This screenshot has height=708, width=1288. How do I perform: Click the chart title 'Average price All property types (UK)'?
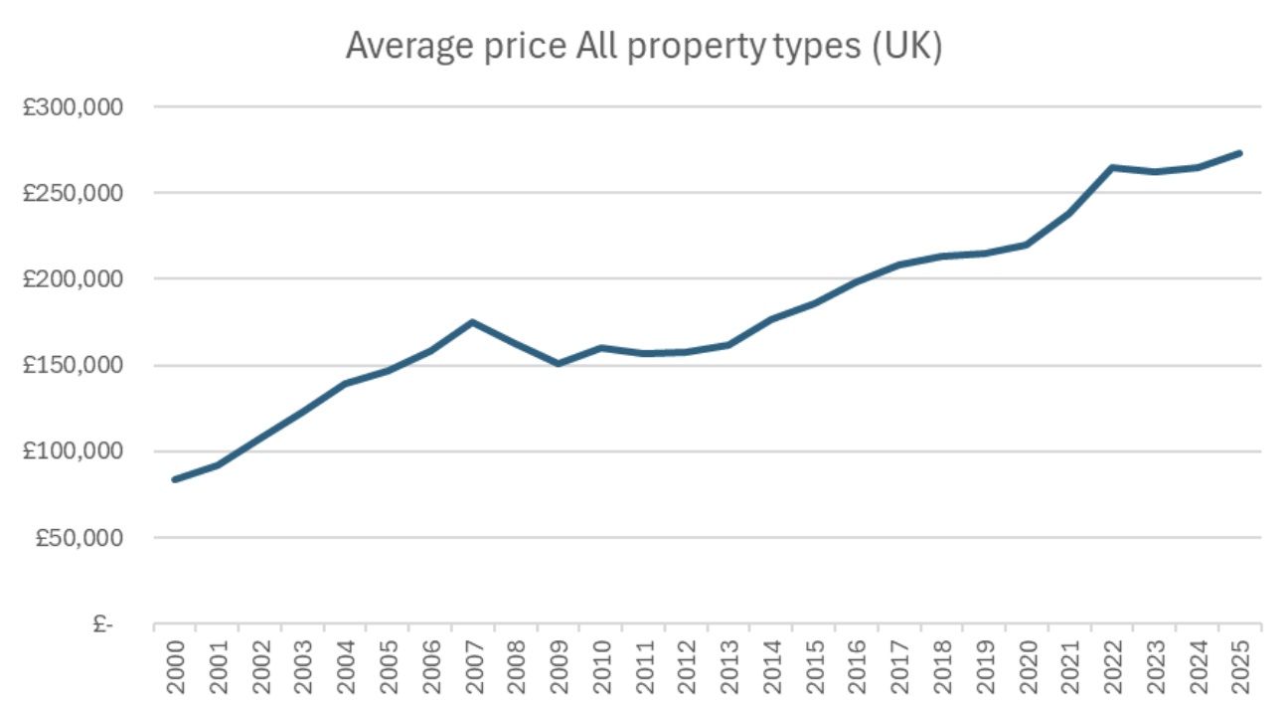coord(643,47)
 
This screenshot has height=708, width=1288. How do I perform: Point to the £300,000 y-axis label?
coord(69,106)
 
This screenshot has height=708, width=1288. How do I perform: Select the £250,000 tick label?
coord(69,193)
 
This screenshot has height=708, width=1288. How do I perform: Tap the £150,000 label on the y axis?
coord(69,365)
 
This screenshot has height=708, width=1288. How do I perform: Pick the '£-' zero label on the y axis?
coord(102,624)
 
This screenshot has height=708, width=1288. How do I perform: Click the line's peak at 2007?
coord(473,322)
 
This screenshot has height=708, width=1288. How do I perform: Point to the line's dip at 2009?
coord(558,364)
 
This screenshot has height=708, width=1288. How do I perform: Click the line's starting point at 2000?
coord(175,479)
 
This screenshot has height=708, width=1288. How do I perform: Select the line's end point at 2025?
coord(1239,153)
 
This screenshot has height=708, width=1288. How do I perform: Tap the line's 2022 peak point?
coord(1112,167)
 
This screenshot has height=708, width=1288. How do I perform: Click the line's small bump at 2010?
coord(600,348)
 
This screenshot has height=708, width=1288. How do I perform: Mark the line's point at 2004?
coord(345,383)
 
